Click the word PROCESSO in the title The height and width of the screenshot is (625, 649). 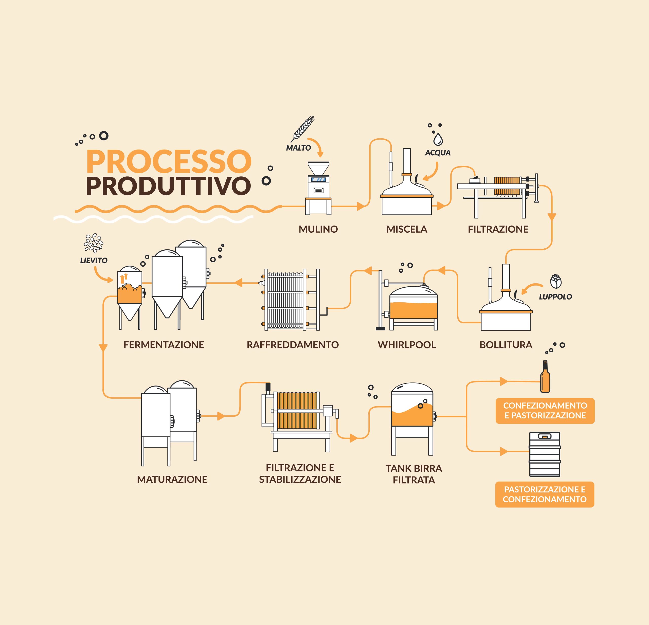click(x=169, y=161)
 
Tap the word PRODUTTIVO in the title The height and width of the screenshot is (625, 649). click(x=169, y=186)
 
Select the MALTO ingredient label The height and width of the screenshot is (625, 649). click(x=298, y=148)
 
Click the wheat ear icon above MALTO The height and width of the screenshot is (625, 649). click(x=302, y=129)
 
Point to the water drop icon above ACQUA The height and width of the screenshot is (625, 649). click(x=438, y=139)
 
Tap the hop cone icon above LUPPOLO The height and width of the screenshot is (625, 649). click(x=556, y=281)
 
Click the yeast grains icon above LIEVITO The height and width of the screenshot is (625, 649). click(x=93, y=243)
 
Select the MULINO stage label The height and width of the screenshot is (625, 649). click(x=318, y=229)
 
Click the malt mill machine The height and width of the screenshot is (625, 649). click(x=318, y=188)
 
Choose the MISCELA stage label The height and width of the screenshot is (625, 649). click(x=407, y=229)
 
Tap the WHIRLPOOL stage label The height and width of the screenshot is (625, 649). click(x=407, y=345)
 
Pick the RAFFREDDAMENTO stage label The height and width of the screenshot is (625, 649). click(x=293, y=345)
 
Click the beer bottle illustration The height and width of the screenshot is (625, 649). click(x=545, y=376)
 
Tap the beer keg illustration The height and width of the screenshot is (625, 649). click(x=545, y=454)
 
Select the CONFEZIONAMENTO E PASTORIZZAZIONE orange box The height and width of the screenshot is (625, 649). click(x=545, y=411)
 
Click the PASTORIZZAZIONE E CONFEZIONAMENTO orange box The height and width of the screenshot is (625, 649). click(x=545, y=494)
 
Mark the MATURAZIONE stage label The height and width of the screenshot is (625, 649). click(x=172, y=479)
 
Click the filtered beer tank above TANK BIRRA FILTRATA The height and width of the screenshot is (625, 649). click(x=412, y=419)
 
